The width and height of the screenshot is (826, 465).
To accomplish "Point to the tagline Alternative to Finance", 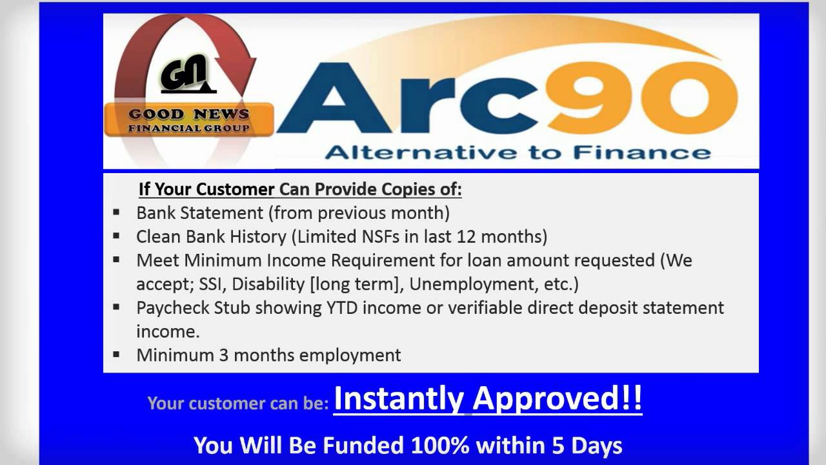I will point(518,152).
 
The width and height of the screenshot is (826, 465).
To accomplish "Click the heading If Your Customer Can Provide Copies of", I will point(300,190).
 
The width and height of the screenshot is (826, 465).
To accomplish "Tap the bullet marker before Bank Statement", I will point(116,212).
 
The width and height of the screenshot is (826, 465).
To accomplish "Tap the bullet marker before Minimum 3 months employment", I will point(116,354).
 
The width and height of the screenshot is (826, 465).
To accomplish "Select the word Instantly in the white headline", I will point(398,399).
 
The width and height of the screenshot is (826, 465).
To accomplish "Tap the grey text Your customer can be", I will point(238,404).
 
